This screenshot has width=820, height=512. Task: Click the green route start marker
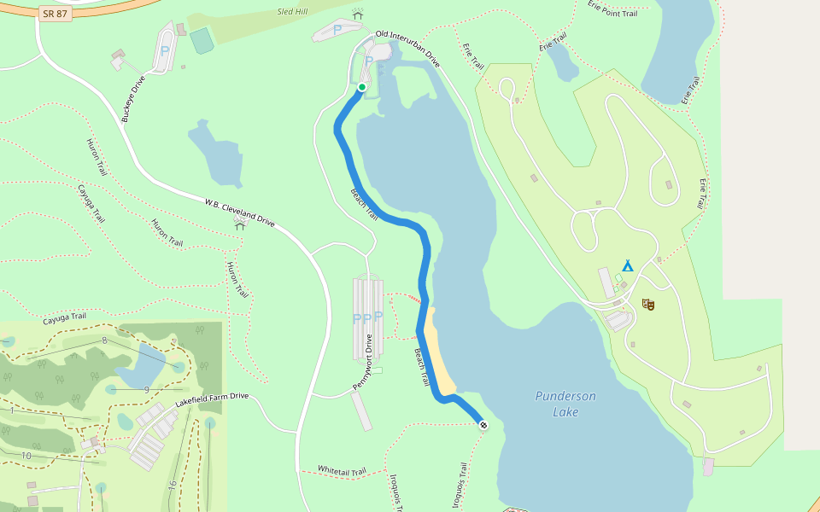point(361,87)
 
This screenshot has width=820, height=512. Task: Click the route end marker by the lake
point(483,424)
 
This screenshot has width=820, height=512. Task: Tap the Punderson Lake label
point(565,404)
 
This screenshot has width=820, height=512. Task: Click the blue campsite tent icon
point(628,265)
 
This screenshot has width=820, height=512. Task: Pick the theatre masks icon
point(648,304)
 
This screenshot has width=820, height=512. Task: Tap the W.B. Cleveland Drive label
point(239,212)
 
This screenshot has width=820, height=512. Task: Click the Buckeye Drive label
point(134,98)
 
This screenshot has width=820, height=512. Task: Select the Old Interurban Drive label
point(408,50)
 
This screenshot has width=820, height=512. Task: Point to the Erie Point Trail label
point(612,9)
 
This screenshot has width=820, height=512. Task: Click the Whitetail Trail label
point(342,470)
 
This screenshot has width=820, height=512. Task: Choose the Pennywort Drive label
point(365,362)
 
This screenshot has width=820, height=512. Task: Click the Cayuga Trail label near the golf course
point(64,317)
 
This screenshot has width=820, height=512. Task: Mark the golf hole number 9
point(147,389)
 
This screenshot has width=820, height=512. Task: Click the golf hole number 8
point(104,340)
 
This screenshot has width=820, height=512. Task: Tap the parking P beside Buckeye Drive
point(165,51)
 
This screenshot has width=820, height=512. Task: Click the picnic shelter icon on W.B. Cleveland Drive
point(240,222)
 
